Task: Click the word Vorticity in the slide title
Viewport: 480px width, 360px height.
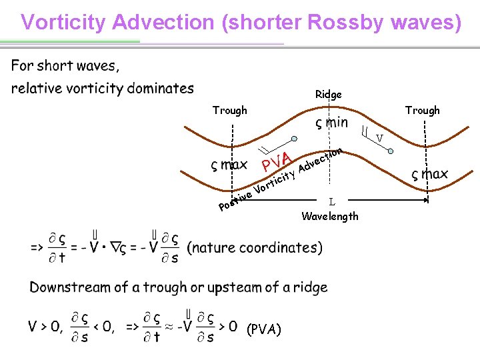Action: click(x=64, y=22)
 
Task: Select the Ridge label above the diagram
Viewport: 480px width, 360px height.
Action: click(x=328, y=95)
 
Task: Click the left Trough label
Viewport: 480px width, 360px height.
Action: click(x=229, y=110)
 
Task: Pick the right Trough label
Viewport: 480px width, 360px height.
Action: click(x=423, y=110)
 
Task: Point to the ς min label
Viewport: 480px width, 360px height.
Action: click(x=331, y=123)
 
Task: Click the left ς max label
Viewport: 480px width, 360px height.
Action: click(x=229, y=165)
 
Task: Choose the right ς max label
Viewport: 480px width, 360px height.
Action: click(x=429, y=175)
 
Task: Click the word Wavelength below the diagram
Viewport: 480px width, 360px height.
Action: click(x=330, y=216)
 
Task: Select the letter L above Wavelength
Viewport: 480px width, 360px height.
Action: click(x=331, y=201)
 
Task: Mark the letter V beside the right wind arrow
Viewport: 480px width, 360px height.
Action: click(x=379, y=139)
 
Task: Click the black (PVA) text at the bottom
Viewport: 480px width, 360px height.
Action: click(x=264, y=329)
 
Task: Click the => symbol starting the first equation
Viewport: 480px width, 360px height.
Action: click(x=37, y=247)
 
